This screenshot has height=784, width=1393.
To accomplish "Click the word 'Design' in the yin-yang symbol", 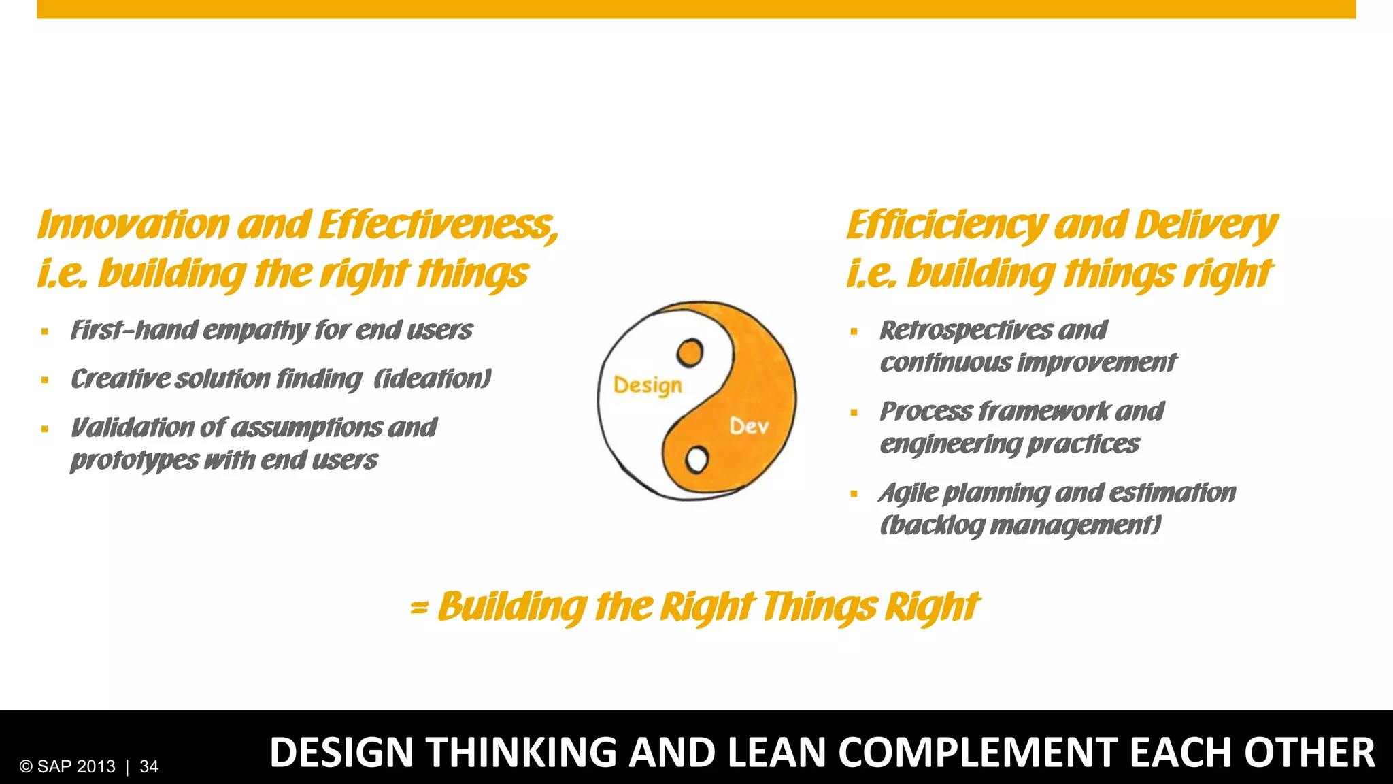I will [x=648, y=385].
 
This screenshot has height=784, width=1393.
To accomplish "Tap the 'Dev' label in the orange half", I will [x=749, y=426].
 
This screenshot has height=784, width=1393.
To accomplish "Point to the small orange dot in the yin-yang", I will [x=690, y=353].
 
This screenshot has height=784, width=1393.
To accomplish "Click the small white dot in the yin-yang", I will [x=696, y=460].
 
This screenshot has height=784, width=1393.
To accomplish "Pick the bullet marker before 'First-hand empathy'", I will [x=45, y=332].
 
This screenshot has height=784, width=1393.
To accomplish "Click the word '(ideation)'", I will [x=433, y=378].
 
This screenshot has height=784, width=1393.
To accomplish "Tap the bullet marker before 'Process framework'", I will [x=854, y=413].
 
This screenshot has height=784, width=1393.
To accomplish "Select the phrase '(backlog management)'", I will [x=1020, y=525].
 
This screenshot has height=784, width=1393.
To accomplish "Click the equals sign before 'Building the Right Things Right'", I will [x=419, y=607].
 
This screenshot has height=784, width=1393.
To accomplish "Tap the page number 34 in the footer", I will [x=149, y=766].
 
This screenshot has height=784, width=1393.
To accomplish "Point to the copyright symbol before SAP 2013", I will [x=26, y=766].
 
